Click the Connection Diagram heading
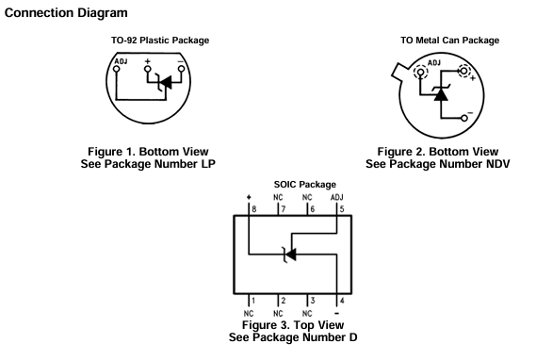(x=66, y=13)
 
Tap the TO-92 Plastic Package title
(x=160, y=41)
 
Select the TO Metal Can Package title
(x=450, y=41)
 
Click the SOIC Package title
(x=305, y=185)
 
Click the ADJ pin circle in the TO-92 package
(x=117, y=69)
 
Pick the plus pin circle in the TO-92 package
(x=147, y=69)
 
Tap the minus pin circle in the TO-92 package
(x=182, y=69)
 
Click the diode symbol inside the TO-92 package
(x=165, y=83)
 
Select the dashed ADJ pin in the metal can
(x=420, y=73)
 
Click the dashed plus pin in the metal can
(x=464, y=71)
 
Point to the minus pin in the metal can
(x=464, y=119)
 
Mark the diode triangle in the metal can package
(x=441, y=94)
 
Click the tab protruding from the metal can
(x=399, y=73)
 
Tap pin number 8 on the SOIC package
(x=254, y=209)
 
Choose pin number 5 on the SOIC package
(x=342, y=209)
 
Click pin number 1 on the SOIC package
(x=253, y=301)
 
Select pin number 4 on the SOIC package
(x=342, y=301)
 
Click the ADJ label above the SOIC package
(x=336, y=197)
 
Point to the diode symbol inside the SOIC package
(x=289, y=254)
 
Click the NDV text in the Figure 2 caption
(x=497, y=164)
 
